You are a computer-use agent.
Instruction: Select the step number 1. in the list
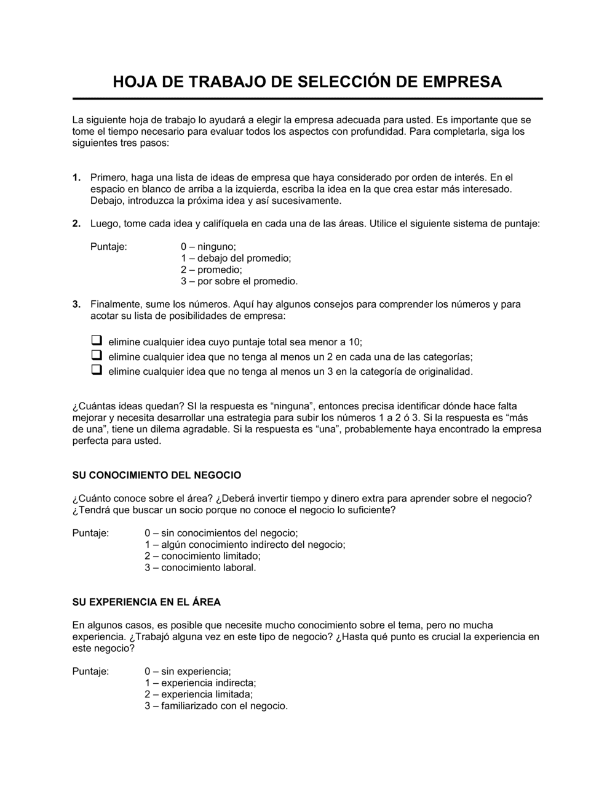[x=77, y=178]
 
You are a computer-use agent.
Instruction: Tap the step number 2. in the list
[x=77, y=224]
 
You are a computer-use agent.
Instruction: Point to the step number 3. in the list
[x=77, y=304]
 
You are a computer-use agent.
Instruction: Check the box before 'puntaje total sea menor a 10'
[x=97, y=340]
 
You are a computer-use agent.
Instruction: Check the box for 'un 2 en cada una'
[x=97, y=356]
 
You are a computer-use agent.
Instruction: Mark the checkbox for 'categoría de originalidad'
[x=97, y=371]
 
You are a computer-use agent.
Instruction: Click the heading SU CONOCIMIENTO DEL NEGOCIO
[x=157, y=475]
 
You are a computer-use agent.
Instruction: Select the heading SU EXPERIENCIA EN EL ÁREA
[x=146, y=602]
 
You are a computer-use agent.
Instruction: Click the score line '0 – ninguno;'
[x=208, y=247]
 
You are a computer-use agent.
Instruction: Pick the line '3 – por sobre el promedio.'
[x=239, y=281]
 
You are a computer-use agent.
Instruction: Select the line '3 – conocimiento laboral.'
[x=200, y=567]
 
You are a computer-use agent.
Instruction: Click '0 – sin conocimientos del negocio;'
[x=221, y=533]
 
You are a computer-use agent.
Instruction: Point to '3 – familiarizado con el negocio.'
[x=216, y=706]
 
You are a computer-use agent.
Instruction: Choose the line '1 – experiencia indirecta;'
[x=200, y=683]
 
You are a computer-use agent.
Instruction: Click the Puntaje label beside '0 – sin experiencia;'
[x=90, y=672]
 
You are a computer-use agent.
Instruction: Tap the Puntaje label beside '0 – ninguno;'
[x=109, y=247]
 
